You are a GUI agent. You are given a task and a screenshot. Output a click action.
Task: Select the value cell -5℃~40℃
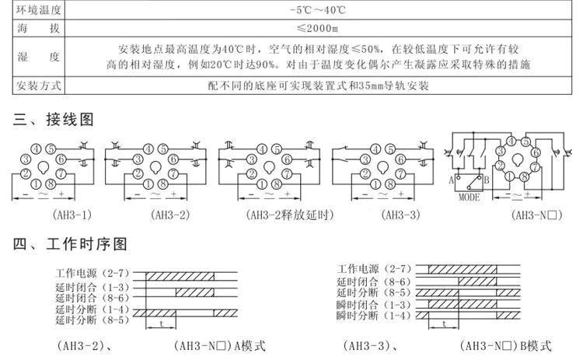pos(318,12)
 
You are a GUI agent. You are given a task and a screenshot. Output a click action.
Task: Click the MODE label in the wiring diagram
pos(469,196)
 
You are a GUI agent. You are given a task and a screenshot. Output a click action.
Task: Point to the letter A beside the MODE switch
pos(452,179)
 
